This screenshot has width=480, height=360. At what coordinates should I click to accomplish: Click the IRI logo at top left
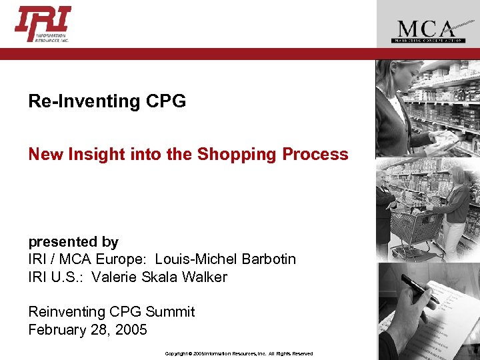[x=43, y=24]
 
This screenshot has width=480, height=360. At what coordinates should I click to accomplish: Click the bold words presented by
[x=73, y=242]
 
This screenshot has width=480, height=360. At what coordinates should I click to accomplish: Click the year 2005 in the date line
[x=130, y=329]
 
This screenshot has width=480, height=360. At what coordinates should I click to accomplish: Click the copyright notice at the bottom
[x=239, y=353]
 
